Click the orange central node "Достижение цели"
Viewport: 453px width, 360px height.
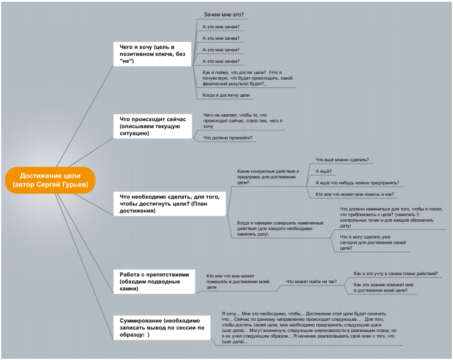50,180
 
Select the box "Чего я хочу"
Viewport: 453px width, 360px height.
152,54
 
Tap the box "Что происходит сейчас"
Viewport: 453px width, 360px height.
153,126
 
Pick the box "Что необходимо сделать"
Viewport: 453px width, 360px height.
170,203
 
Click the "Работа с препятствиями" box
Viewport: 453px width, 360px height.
154,281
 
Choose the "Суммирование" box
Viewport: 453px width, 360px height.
162,328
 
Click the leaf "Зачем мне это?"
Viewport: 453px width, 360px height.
224,15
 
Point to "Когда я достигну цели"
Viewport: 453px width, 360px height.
226,95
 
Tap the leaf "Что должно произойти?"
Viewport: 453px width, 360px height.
228,138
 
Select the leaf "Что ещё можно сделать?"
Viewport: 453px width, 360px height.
342,159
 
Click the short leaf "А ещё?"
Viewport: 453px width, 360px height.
323,171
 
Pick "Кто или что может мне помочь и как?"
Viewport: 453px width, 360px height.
355,194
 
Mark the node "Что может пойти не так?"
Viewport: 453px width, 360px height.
312,281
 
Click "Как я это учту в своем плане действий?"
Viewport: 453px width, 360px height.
396,273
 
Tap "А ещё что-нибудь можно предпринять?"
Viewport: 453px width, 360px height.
357,183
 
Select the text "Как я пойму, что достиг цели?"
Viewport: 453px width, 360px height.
234,73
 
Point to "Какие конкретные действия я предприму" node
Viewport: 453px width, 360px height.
268,176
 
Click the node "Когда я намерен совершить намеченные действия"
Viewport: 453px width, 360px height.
280,228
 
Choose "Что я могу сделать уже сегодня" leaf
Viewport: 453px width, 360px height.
373,243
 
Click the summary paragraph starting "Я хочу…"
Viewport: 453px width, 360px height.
309,328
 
